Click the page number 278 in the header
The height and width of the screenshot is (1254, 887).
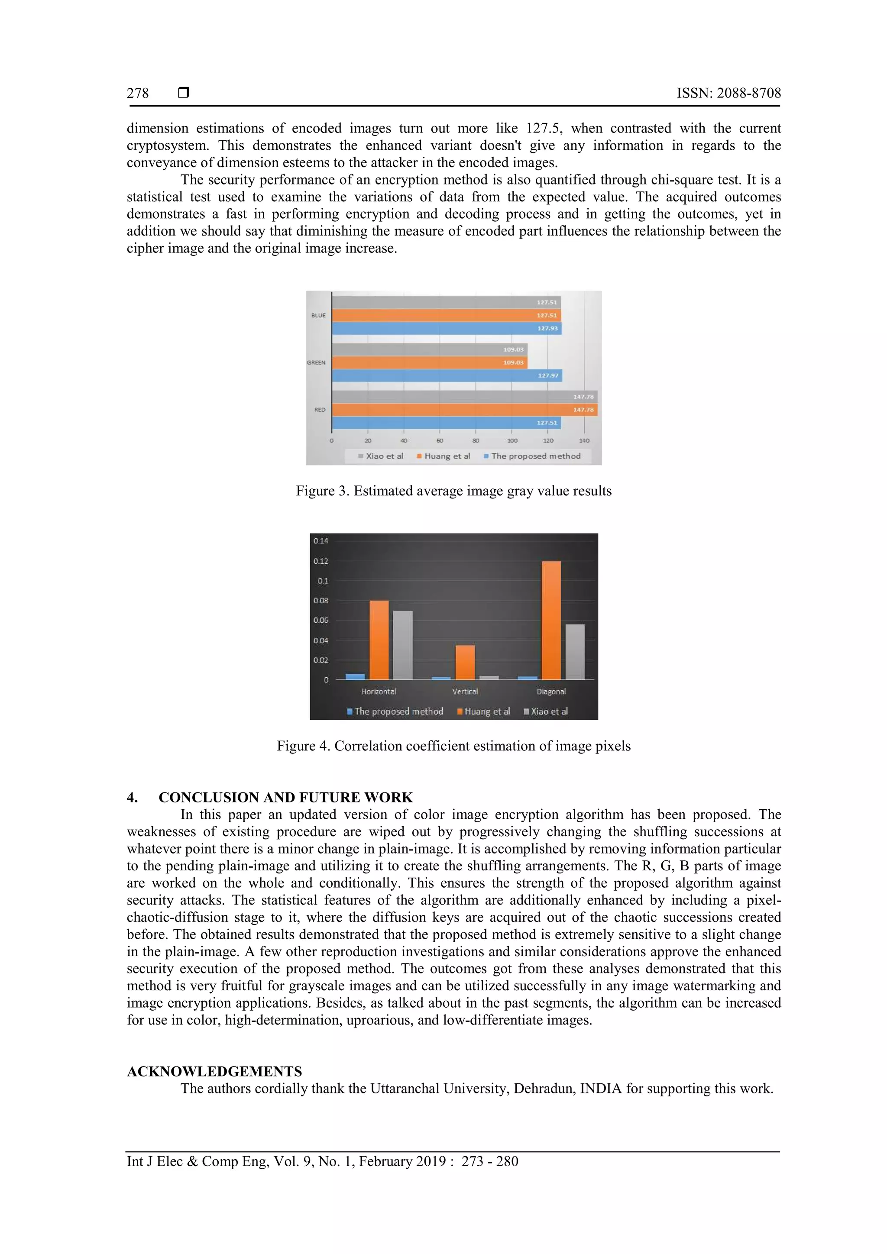(x=138, y=94)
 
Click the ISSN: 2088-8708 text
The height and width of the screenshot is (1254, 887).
(x=728, y=94)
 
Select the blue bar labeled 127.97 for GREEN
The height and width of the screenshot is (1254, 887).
(x=447, y=375)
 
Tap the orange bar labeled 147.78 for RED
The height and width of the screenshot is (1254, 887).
(x=464, y=410)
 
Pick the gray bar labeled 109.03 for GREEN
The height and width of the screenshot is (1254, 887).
(x=429, y=349)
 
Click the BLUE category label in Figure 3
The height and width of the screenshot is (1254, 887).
(x=318, y=316)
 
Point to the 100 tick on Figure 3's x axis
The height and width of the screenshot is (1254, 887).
(x=512, y=441)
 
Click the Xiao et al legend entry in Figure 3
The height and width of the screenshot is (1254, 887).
(x=381, y=456)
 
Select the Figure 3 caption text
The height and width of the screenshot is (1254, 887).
(x=453, y=491)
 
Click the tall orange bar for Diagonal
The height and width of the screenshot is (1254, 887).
(x=551, y=620)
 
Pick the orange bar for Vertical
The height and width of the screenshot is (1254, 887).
(x=465, y=662)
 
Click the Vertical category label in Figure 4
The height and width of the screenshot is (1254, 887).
(x=465, y=692)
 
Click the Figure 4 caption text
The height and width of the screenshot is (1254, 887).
(x=453, y=746)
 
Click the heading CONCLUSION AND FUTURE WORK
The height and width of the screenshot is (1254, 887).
(x=285, y=798)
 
